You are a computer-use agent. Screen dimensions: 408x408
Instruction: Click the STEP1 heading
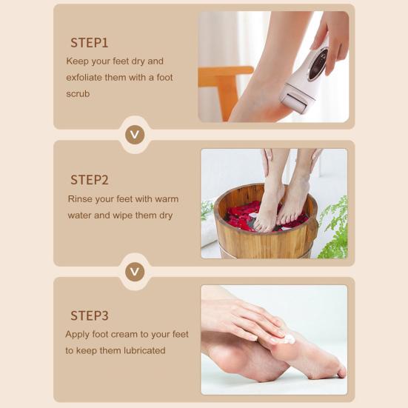tap(90, 43)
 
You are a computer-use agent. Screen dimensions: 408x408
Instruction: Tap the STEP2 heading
tap(90, 180)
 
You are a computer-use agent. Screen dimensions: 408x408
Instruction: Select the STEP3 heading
tap(90, 315)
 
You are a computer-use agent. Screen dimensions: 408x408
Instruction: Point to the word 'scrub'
tap(78, 94)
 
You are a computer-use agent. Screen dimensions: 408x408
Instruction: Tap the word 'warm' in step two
tap(167, 199)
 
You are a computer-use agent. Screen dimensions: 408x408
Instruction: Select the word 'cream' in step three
tap(126, 335)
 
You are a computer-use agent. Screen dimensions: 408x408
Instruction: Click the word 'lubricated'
tap(144, 350)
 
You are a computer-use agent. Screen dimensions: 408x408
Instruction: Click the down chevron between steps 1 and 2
tap(135, 135)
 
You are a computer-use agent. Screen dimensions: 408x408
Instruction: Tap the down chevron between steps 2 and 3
tap(135, 272)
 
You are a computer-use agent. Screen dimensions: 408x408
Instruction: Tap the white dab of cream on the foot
tap(290, 339)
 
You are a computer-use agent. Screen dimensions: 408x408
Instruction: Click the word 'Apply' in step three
tap(77, 335)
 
